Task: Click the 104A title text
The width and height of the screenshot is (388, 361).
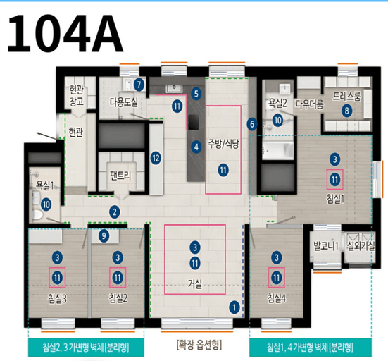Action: click(x=65, y=33)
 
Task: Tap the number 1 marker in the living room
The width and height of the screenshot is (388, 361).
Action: click(x=234, y=307)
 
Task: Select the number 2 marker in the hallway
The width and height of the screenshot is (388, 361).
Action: click(x=114, y=212)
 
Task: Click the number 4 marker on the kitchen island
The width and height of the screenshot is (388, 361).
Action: click(x=196, y=147)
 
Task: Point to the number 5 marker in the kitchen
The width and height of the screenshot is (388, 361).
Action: click(x=196, y=94)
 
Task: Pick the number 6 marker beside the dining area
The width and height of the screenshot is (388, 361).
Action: click(x=252, y=124)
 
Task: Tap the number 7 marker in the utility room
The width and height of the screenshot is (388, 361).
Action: click(x=139, y=85)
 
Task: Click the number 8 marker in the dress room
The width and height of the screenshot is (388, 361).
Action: click(x=347, y=111)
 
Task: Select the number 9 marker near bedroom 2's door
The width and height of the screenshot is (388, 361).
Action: click(x=104, y=235)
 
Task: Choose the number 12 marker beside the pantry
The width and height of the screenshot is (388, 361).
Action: click(x=156, y=158)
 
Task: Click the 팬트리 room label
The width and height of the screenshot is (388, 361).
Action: click(x=120, y=176)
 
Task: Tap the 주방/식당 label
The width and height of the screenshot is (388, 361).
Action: click(x=223, y=144)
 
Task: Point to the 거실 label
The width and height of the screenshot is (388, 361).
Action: click(x=195, y=284)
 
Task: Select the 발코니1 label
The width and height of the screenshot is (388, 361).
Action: click(x=326, y=246)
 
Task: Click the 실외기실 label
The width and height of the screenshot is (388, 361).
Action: click(x=361, y=246)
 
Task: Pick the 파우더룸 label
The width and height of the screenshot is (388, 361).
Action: click(x=309, y=104)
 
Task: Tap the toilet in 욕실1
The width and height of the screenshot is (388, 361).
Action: click(x=37, y=214)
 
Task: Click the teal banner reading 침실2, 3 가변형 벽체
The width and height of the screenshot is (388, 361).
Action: click(x=86, y=347)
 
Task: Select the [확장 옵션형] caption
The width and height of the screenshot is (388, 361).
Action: click(x=199, y=345)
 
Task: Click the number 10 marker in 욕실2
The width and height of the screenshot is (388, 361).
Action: click(x=277, y=121)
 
